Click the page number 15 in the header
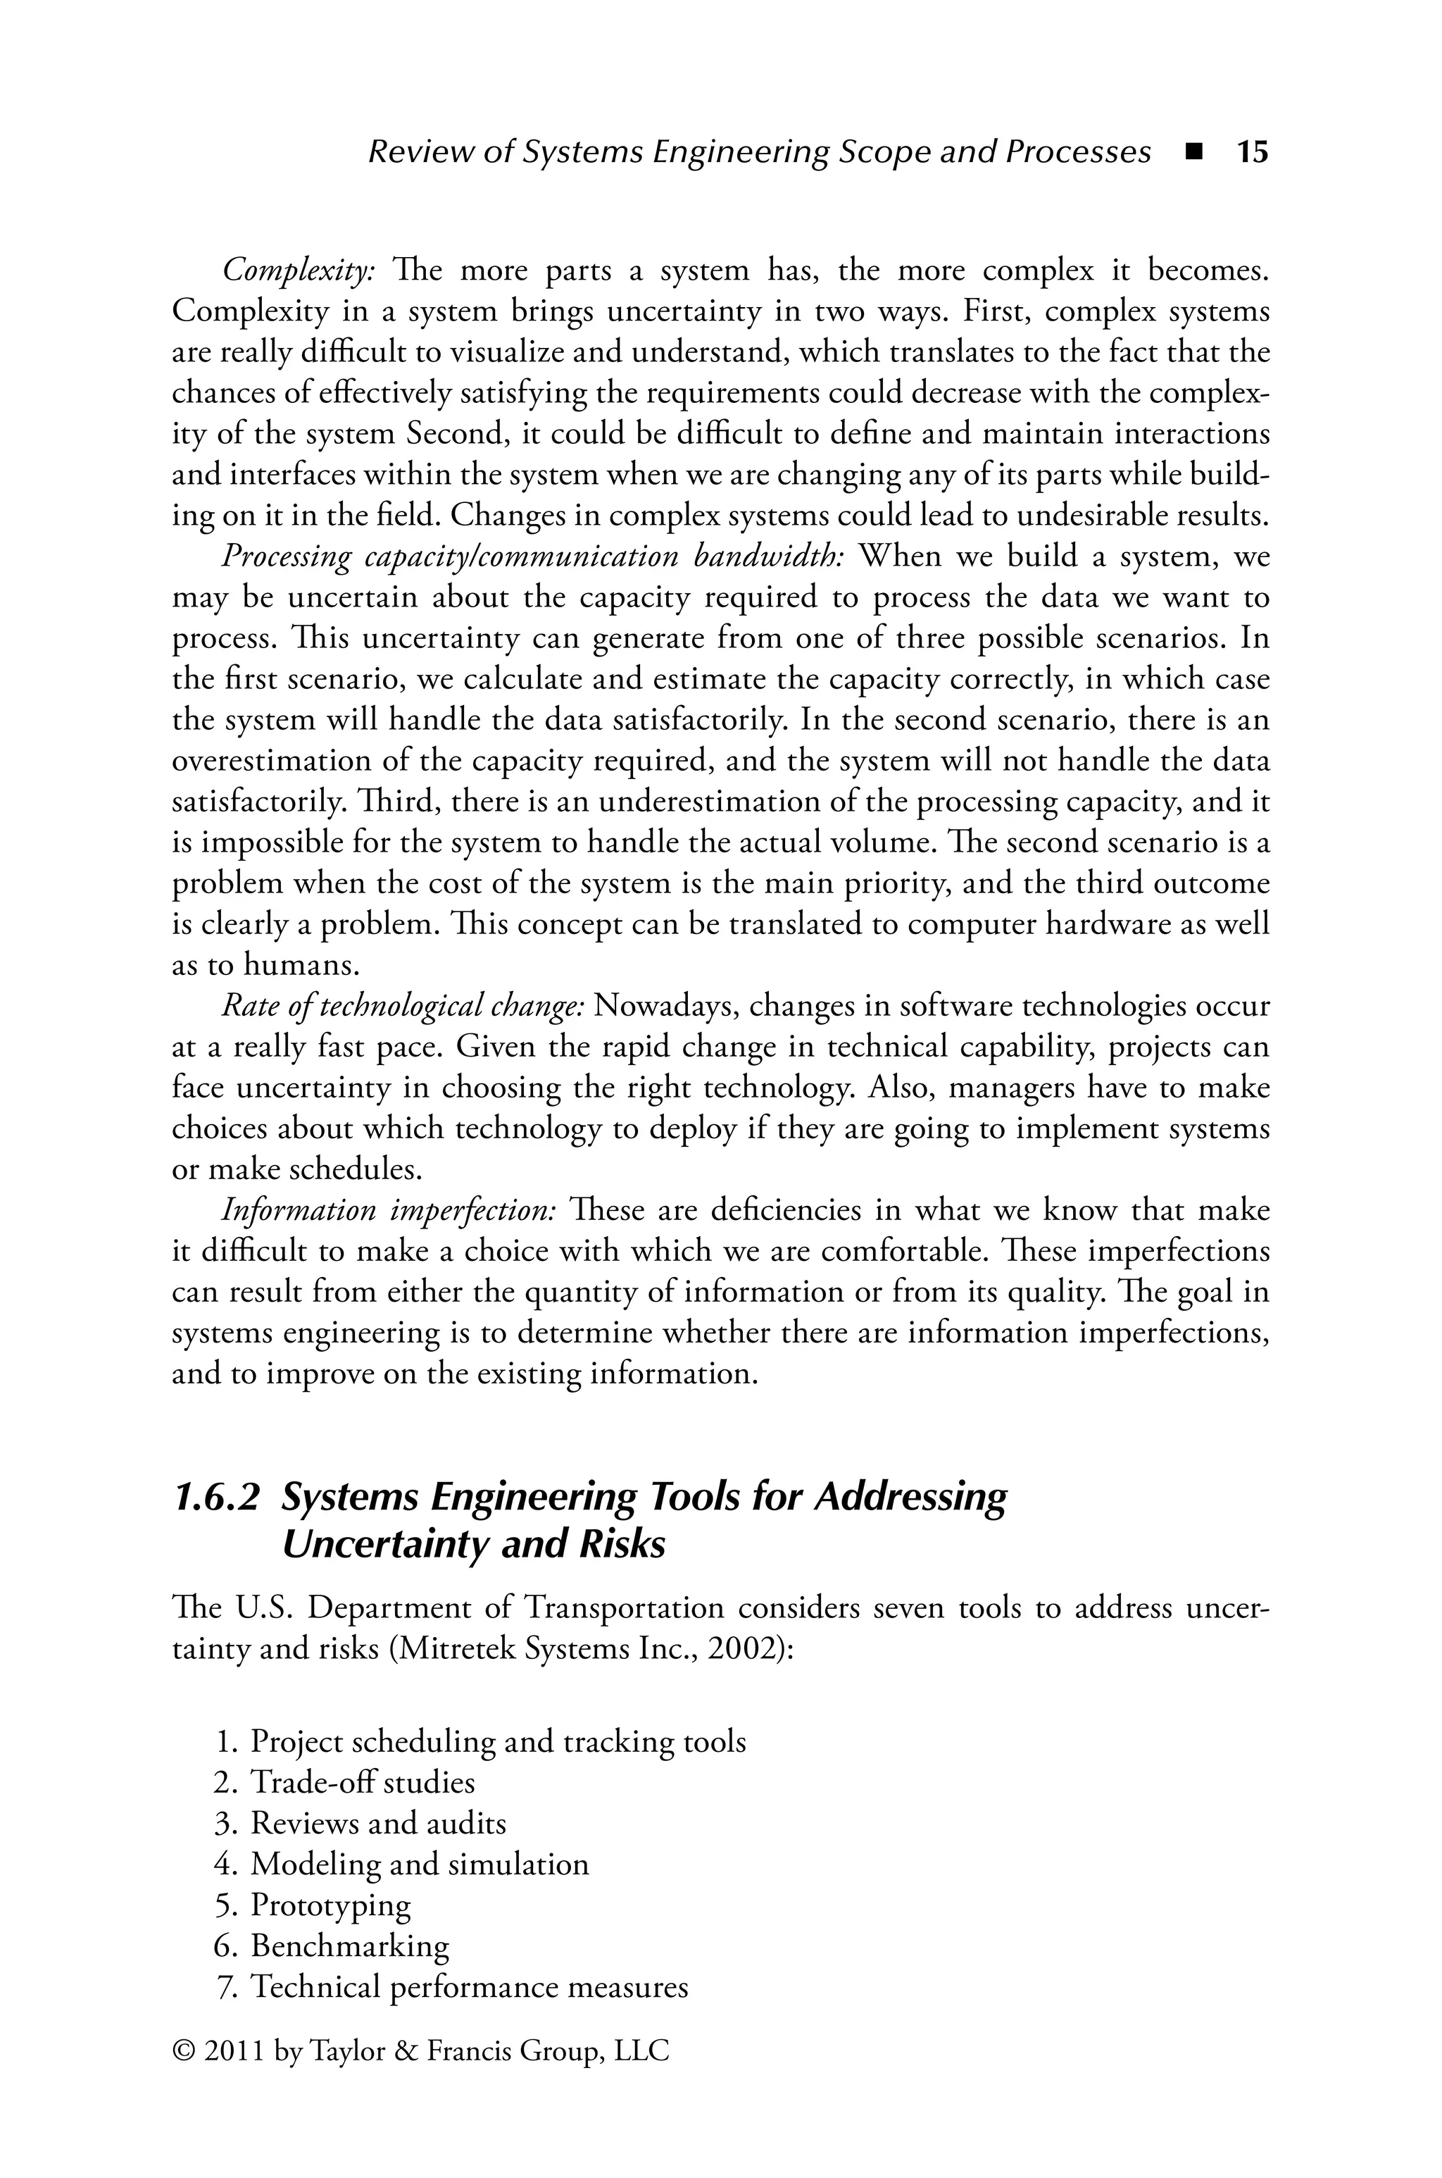pyautogui.click(x=1252, y=151)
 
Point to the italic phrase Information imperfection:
pyautogui.click(x=388, y=1212)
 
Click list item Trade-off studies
pyautogui.click(x=363, y=1783)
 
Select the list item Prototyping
pyautogui.click(x=331, y=1905)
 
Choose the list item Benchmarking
pyautogui.click(x=349, y=1946)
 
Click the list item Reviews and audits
pyautogui.click(x=378, y=1823)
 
